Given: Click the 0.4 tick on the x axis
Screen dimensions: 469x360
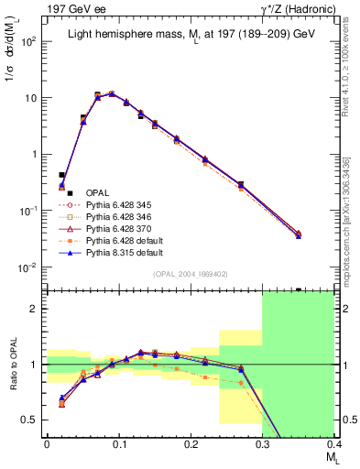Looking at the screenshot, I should point(333,443).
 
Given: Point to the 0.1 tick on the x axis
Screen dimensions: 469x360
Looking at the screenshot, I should point(118,443).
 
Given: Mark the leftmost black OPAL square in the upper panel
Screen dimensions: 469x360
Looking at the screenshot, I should point(61,174).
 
